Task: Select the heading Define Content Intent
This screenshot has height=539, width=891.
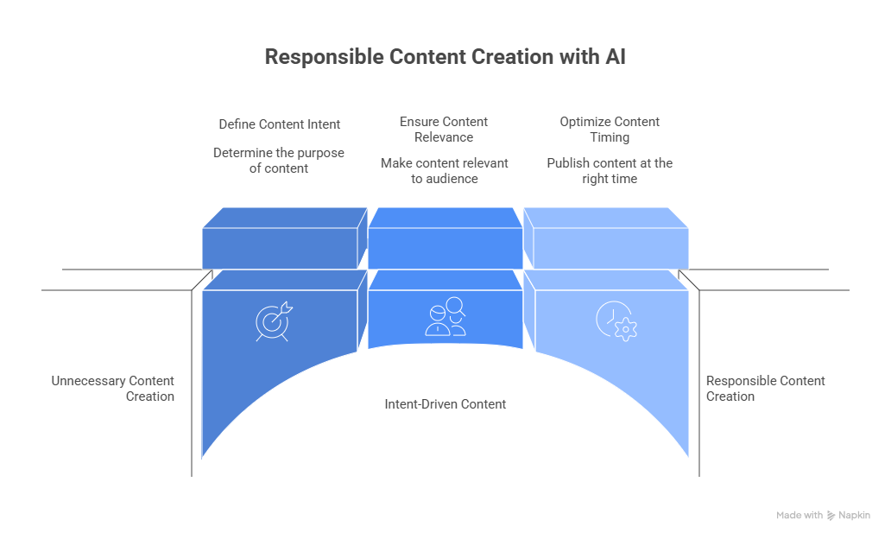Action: (x=279, y=124)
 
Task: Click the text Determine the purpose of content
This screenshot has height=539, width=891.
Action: (x=279, y=161)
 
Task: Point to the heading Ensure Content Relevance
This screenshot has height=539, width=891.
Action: (x=444, y=130)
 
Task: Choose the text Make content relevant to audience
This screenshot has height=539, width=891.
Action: (x=444, y=171)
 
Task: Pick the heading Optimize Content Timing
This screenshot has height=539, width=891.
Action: (x=610, y=130)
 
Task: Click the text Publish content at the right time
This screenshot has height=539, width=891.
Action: (x=610, y=171)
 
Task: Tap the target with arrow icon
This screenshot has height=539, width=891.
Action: (x=273, y=320)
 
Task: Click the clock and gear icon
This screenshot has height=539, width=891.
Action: (x=616, y=320)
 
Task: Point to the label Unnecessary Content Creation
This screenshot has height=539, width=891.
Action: (x=113, y=389)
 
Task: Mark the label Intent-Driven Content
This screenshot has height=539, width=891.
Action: (x=445, y=404)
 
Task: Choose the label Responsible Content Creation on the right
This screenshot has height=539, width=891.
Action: (x=765, y=389)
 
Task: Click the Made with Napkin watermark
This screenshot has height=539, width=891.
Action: (x=823, y=516)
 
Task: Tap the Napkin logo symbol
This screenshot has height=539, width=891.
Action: (x=831, y=516)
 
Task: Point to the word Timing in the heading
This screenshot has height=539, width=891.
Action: (x=610, y=137)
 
